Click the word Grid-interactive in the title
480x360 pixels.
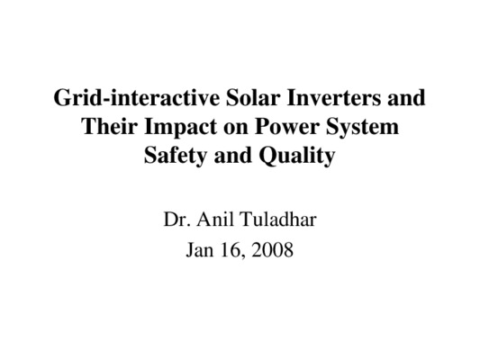pos(137,97)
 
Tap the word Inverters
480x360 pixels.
pos(334,97)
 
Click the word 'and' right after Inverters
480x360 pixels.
pos(406,97)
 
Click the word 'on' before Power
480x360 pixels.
pos(235,129)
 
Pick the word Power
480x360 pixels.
pos(286,126)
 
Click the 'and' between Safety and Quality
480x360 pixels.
pos(233,156)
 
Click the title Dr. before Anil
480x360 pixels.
pos(177,220)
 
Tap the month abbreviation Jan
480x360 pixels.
pos(200,249)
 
